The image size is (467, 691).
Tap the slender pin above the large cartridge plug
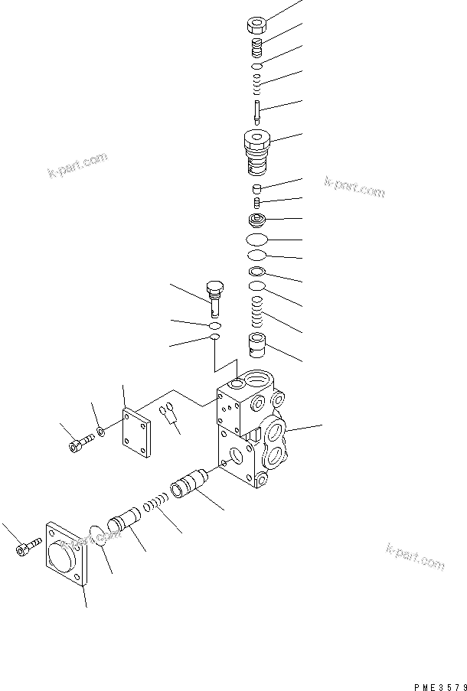coord(258,110)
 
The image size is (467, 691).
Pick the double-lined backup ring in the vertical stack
coord(258,272)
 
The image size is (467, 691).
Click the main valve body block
coord(249,432)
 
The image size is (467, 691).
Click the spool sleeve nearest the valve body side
coord(187,486)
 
